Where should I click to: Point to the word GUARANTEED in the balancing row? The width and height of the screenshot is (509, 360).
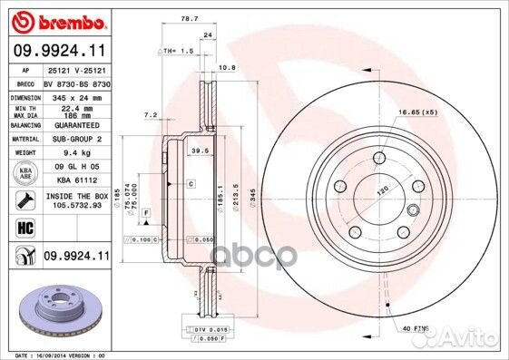tap(74, 124)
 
